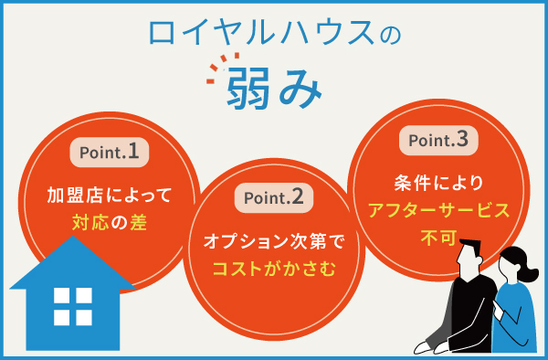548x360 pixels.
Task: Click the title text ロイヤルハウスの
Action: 273,36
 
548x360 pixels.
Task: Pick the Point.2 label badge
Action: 274,198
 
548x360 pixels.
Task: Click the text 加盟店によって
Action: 109,195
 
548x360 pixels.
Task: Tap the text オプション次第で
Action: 274,243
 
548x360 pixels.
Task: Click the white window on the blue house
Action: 72,307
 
